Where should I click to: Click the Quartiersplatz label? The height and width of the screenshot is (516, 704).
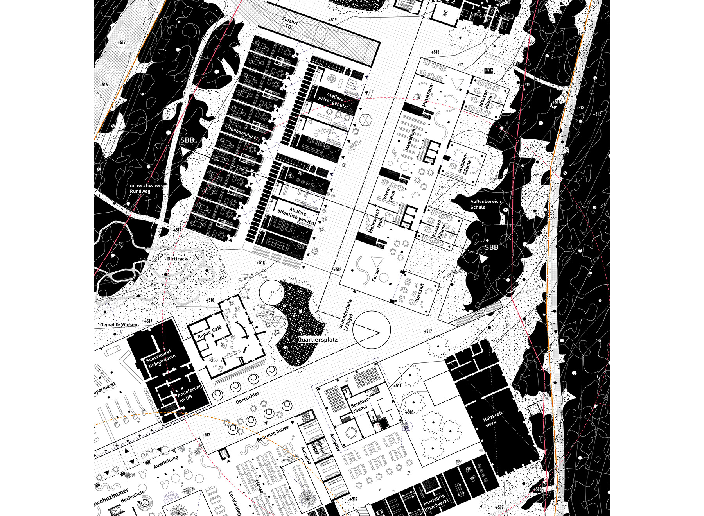317,340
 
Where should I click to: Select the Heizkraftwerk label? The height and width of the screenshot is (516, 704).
494,419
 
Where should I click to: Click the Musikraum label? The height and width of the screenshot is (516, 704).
427,95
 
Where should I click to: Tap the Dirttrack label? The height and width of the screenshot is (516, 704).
177,259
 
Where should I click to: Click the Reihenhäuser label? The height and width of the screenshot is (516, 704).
244,133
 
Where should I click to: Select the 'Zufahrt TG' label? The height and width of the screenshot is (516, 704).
290,23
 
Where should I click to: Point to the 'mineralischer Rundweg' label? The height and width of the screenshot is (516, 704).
145,188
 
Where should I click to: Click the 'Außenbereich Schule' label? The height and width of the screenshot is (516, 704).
485,204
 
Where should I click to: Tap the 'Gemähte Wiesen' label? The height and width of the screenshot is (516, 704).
119,324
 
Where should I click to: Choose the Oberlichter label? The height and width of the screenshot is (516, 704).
248,398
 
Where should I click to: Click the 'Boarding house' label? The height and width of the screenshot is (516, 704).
273,433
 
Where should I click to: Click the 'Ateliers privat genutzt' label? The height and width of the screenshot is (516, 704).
334,101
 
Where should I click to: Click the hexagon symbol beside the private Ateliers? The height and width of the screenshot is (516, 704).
365,120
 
